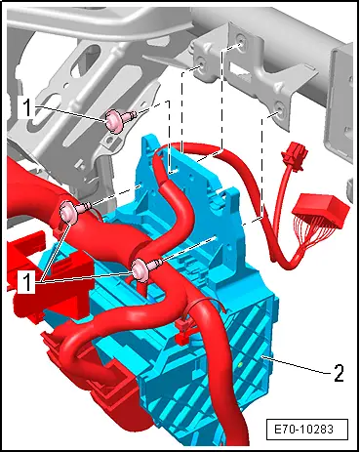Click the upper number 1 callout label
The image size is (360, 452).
coord(27,106)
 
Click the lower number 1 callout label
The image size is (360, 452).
coord(27,281)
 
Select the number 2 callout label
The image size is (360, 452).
coord(339,373)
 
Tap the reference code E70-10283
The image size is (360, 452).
coord(304,430)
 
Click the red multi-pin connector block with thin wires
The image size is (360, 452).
coord(322,209)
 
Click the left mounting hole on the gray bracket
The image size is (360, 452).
coord(200,64)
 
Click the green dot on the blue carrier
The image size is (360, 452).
coord(241,364)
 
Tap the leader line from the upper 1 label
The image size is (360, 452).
coord(70,113)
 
